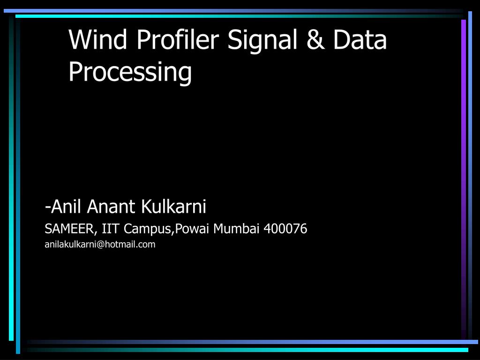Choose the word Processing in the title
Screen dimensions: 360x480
[130, 73]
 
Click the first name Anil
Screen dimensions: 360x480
[67, 206]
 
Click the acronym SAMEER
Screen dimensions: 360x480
[71, 229]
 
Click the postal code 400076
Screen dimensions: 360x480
[285, 229]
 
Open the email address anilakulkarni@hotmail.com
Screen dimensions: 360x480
[100, 244]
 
